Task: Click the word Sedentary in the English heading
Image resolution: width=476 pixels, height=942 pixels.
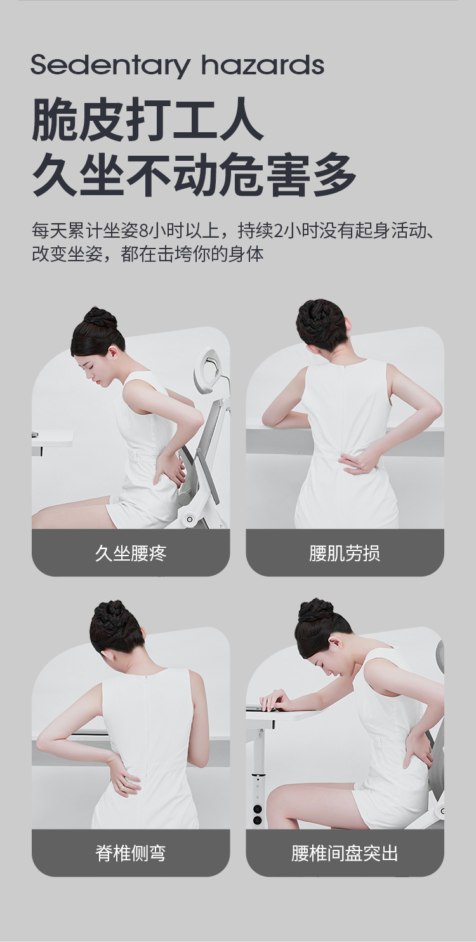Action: [x=110, y=66]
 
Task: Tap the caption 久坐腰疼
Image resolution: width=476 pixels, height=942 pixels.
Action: [x=131, y=553]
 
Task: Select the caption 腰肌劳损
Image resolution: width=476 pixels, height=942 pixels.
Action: [x=345, y=553]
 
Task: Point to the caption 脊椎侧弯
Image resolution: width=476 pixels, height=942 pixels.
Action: [x=131, y=853]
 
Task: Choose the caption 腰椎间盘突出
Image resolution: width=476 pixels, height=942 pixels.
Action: [x=345, y=853]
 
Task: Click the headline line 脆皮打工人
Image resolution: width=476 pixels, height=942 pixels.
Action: [x=147, y=120]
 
